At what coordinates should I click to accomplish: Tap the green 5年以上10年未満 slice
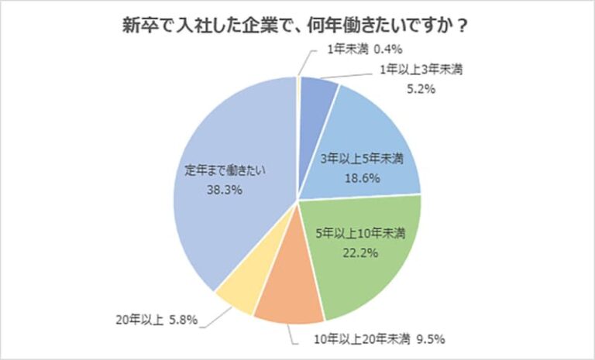click(364, 263)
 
